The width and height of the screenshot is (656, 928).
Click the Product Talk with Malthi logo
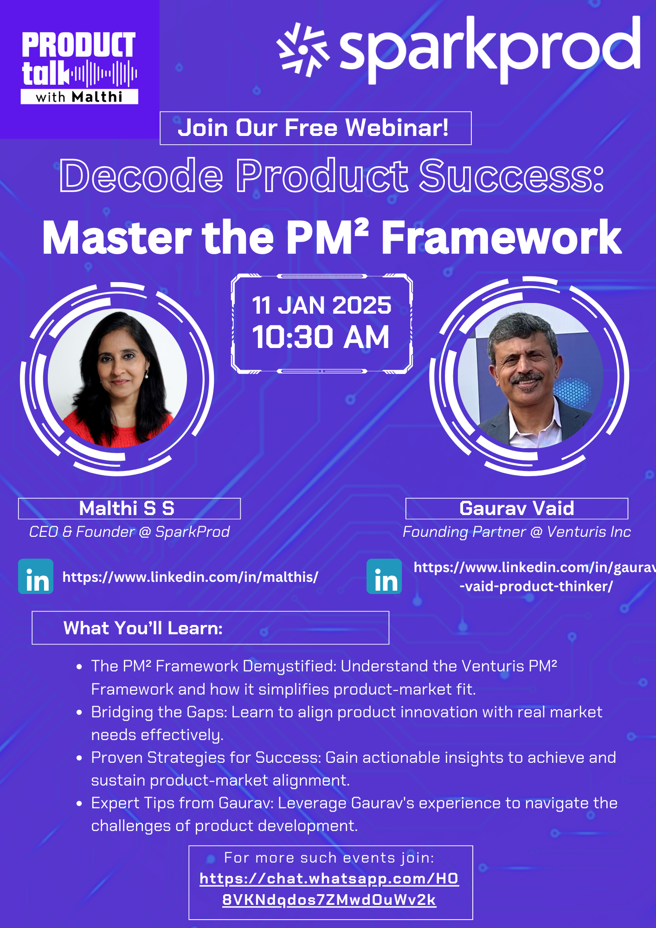[x=79, y=68]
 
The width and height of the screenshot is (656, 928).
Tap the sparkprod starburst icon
[x=303, y=49]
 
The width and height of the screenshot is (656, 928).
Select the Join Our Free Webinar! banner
[x=315, y=128]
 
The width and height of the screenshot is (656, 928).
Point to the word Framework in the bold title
[x=501, y=238]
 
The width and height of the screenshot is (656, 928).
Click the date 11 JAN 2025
[x=322, y=305]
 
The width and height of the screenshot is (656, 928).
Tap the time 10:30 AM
[x=321, y=337]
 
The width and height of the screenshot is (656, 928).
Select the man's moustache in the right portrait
[x=527, y=378]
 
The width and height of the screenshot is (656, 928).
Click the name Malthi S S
[x=127, y=509]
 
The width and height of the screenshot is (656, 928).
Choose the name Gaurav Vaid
[x=517, y=509]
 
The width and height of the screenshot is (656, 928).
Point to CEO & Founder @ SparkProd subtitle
[x=129, y=532]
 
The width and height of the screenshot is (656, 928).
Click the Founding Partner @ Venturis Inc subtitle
[x=517, y=532]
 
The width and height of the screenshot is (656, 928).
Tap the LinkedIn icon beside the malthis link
[x=36, y=576]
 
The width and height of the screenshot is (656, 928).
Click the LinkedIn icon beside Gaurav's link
[x=384, y=576]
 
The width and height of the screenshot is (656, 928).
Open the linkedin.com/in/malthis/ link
[x=190, y=577]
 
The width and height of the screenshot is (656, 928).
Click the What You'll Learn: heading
[x=143, y=628]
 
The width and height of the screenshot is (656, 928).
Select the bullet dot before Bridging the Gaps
[x=79, y=713]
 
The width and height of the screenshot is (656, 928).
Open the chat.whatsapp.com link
[x=329, y=889]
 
